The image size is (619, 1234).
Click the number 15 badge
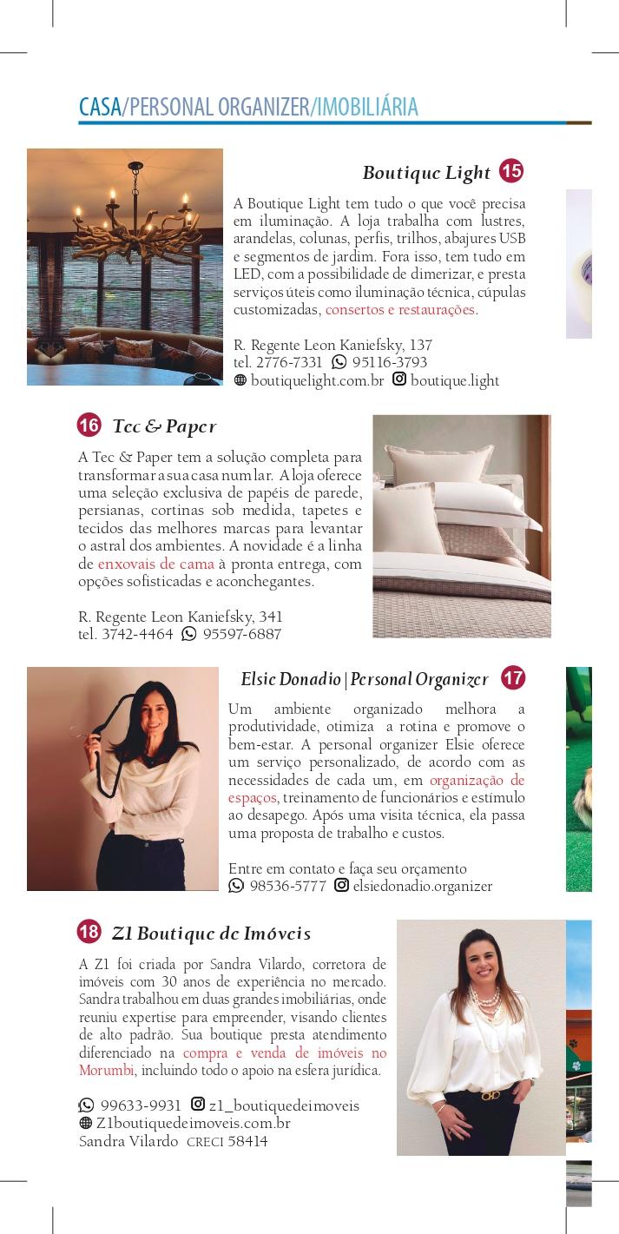pos(511,171)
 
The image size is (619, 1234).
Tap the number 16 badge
pos(89,426)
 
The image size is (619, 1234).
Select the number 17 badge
pos(513,677)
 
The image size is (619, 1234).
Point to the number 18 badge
pos(89,932)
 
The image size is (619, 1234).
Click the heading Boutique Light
pos(426,173)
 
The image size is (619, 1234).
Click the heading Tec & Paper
pos(164,426)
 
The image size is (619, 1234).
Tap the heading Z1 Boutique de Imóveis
pos(211,934)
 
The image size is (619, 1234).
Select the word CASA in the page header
pos(100,107)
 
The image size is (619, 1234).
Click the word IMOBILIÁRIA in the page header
pos(367,107)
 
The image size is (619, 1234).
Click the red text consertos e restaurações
pos(400,310)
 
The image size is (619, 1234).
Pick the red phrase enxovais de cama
pos(156,564)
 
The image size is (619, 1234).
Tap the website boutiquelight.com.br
pos(317,380)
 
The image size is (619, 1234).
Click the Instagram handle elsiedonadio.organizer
pos(423,887)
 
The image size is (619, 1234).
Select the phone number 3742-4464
pos(137,634)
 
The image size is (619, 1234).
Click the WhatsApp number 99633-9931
pos(141,1105)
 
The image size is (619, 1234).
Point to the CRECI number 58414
pos(247,1142)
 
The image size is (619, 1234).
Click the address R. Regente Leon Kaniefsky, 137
pos(333,345)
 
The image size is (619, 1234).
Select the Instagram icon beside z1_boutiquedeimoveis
pos(198,1105)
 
